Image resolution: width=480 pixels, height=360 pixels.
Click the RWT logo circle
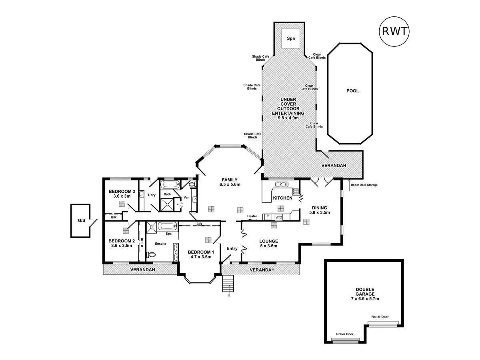394,31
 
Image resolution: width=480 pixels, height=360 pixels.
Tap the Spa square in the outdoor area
291,38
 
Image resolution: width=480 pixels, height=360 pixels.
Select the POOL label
352,91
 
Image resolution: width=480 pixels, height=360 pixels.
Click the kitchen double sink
282,184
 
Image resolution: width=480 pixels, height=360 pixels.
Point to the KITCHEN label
282,198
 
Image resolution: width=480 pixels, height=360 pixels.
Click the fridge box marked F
268,217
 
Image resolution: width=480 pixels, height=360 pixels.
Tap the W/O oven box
279,217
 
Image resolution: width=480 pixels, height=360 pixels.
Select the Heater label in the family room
252,216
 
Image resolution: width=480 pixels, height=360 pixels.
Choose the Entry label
232,248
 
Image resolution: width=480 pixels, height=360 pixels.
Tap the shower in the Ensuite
152,227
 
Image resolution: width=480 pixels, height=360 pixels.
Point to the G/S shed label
81,220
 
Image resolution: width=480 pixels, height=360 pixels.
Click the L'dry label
152,195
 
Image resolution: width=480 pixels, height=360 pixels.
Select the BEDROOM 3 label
122,191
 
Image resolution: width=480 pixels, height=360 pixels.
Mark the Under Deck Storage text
364,185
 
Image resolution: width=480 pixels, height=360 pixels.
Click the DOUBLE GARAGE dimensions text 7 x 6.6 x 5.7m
365,299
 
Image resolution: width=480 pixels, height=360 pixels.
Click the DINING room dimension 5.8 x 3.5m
320,213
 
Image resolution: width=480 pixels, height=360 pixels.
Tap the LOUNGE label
268,241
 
